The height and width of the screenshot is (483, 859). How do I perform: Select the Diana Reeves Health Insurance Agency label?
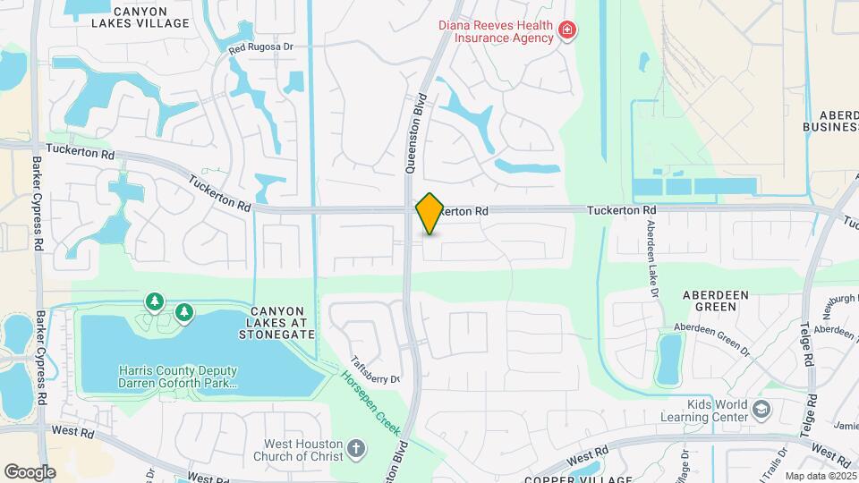496,31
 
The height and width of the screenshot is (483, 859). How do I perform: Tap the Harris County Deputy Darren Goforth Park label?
178,377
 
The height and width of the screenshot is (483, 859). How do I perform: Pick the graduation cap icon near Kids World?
761,411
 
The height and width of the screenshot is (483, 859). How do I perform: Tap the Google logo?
30,471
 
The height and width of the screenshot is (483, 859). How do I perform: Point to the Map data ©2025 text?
821,476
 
